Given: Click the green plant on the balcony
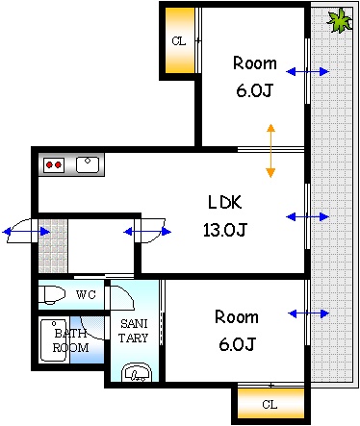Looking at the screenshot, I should tap(339, 20).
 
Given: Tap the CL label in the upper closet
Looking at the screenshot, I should tap(179, 40).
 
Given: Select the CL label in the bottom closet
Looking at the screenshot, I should tap(270, 404).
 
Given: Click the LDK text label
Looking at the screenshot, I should tap(228, 202).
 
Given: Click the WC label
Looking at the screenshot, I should tap(87, 293).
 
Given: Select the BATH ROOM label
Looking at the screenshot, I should tap(70, 339).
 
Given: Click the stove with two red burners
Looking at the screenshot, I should tap(54, 164).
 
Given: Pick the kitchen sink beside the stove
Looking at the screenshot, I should tap(89, 164).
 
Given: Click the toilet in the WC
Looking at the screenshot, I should tap(54, 293).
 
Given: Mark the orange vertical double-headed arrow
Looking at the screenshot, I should tap(270, 150).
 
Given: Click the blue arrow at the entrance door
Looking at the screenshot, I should tap(26, 231).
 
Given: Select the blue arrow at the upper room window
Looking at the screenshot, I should tap(308, 72).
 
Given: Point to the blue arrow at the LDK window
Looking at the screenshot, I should tap(308, 216).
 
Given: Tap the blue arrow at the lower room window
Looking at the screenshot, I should tap(308, 313).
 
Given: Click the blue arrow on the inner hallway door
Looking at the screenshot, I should tap(148, 231).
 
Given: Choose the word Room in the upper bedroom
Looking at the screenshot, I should tap(255, 64).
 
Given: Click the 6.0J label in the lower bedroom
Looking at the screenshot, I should tap(237, 343).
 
